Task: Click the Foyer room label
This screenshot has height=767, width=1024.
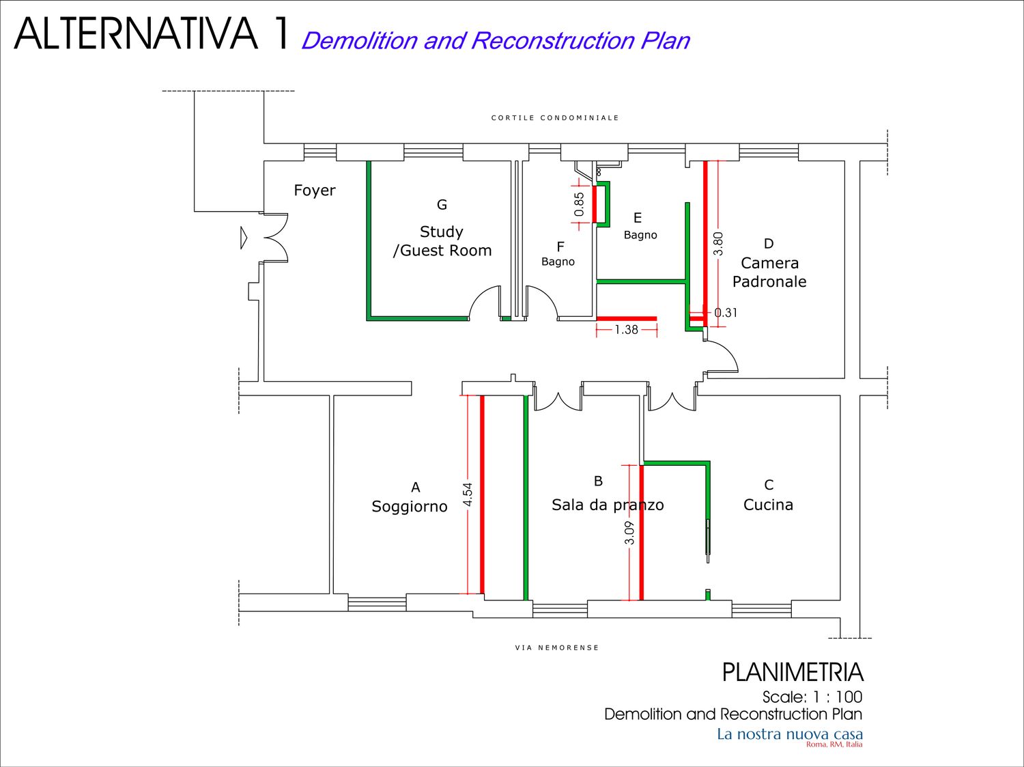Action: (315, 191)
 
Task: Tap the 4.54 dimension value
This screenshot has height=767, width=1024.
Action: (468, 494)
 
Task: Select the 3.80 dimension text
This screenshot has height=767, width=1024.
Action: (718, 244)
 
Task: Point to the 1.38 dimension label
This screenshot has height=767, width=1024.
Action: (626, 330)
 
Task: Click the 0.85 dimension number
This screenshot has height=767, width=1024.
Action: (579, 205)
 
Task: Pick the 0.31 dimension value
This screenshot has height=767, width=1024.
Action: (726, 313)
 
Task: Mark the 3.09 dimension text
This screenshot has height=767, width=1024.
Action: (629, 533)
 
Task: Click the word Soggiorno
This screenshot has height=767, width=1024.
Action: (410, 506)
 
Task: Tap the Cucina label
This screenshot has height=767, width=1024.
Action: (768, 505)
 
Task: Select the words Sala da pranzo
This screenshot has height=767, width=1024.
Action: (608, 505)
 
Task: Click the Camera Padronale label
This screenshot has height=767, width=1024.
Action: (769, 272)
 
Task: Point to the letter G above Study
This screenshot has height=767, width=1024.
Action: (442, 204)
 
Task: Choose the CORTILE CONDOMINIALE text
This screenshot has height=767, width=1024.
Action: (555, 117)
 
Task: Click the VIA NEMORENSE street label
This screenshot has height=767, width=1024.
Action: (556, 647)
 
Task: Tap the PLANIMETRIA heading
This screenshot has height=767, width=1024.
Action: (793, 672)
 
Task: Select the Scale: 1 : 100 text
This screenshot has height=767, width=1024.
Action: (812, 697)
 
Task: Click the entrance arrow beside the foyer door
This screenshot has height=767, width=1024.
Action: (244, 238)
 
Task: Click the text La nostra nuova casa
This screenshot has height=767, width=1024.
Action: (790, 734)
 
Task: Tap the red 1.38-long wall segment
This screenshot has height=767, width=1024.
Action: (627, 319)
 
